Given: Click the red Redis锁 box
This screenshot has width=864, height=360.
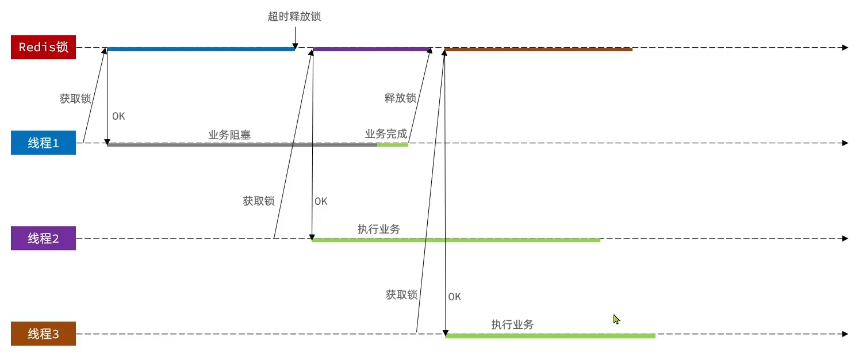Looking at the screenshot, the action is pos(43,47).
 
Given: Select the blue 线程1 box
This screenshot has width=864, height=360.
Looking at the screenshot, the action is pos(43,143).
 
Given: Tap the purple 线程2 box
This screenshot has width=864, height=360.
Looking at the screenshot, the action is pos(43,239).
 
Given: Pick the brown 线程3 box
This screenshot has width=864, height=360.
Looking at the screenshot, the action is pos(43,334).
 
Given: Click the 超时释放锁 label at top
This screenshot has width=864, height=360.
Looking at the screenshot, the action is pos(295,17).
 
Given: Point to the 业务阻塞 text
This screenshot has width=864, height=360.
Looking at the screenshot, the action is pos(229,134).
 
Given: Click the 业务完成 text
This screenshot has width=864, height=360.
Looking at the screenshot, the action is pos(386,134).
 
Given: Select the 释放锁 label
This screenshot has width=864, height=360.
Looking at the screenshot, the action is pos(400,98).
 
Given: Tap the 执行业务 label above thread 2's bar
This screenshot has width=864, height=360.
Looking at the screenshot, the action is pos(379,229).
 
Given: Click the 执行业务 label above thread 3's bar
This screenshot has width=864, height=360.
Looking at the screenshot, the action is pos(512,325).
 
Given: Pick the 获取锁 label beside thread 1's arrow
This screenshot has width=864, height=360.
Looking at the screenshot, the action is pos(75,99).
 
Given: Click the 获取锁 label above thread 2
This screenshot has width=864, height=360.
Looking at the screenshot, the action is pos(258,200).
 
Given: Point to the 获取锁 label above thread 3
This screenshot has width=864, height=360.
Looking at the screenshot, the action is pos(401,295).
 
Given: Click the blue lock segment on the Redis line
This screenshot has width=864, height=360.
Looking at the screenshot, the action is pos(200,48).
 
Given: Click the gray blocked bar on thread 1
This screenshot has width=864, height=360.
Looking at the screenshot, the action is pos(240,145).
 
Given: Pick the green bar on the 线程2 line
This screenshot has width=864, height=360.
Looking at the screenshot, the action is pos(455,240).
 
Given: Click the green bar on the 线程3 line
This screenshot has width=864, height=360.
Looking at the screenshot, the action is pos(549,336).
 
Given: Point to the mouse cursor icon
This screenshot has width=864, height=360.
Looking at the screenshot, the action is pos(617,319).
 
